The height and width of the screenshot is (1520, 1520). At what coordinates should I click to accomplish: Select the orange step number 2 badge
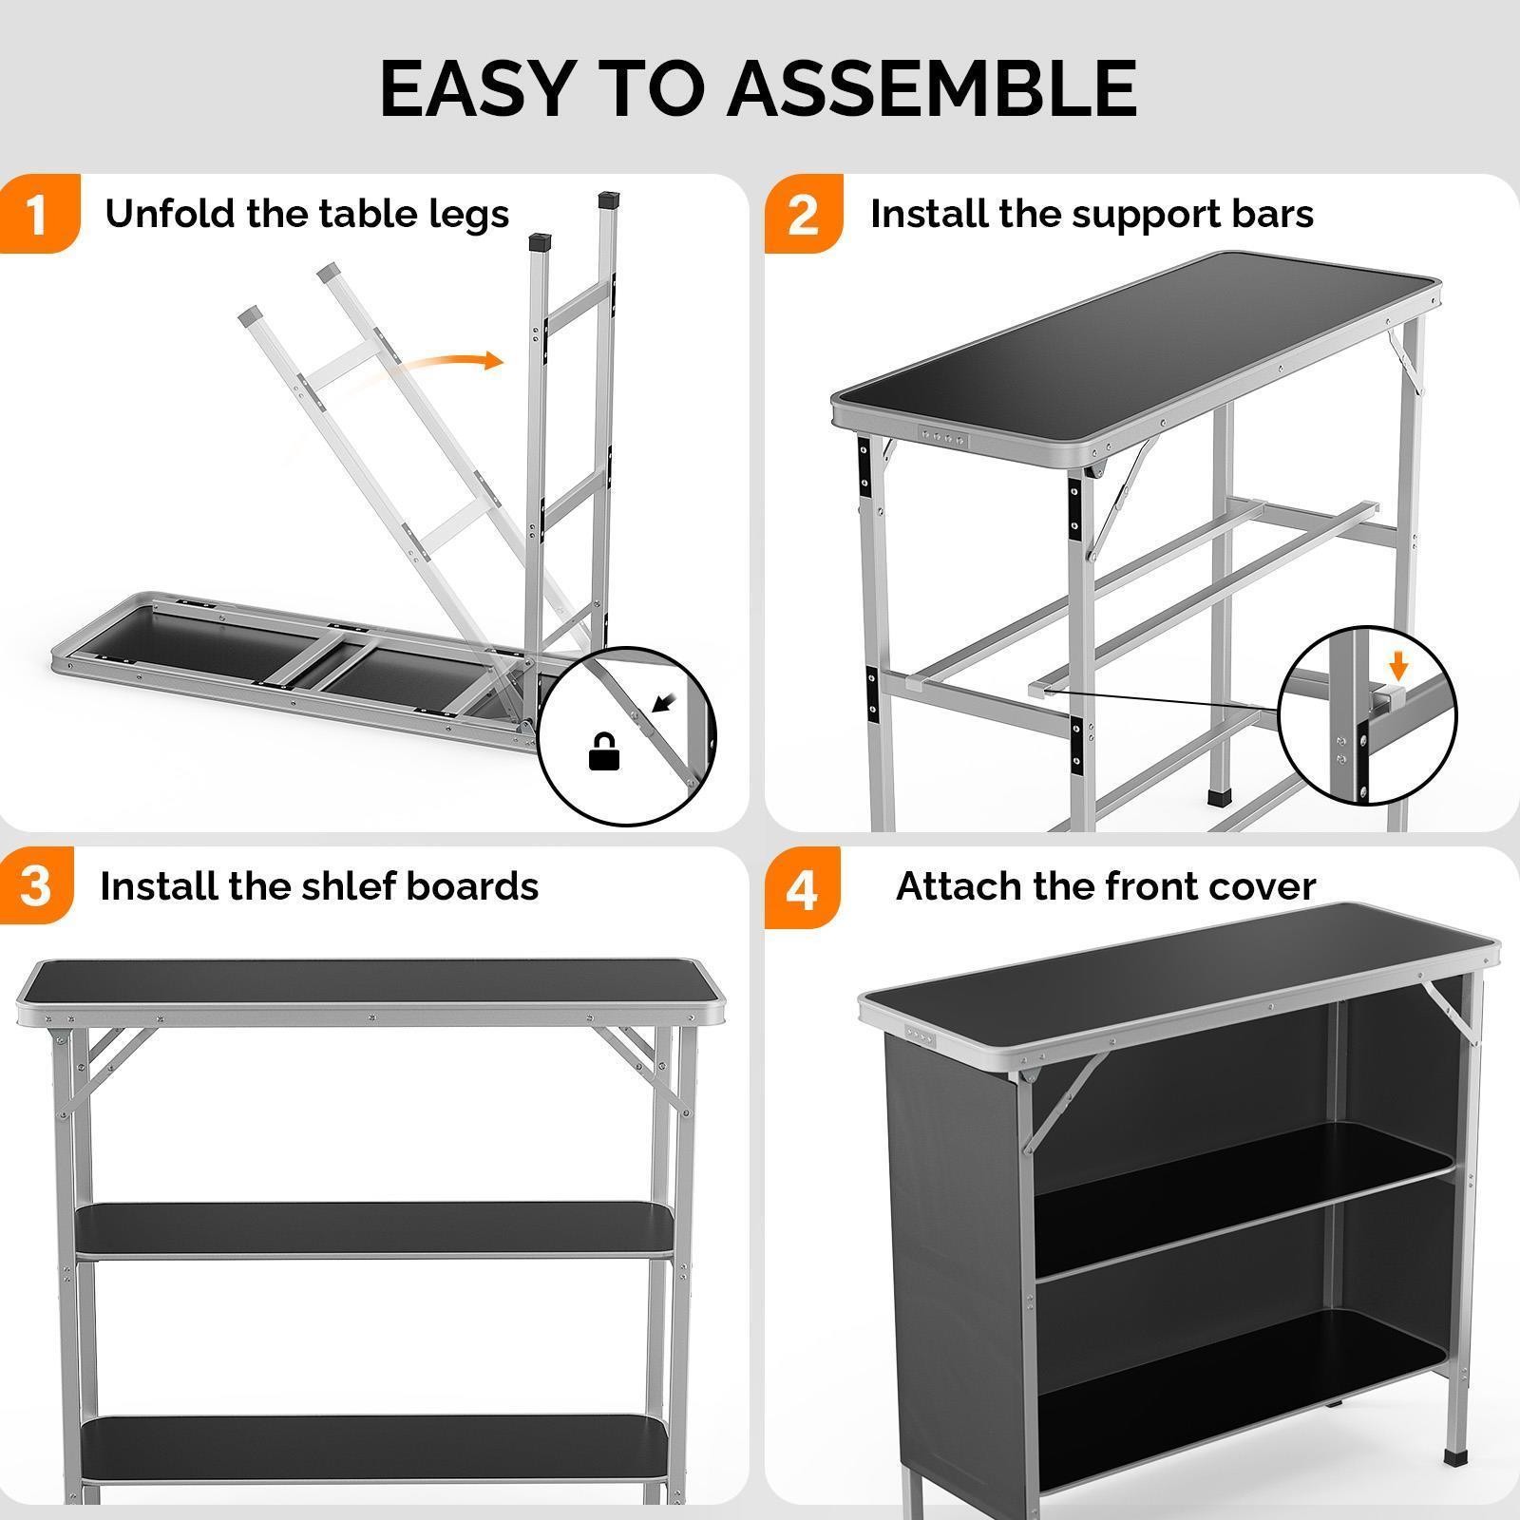click(x=803, y=216)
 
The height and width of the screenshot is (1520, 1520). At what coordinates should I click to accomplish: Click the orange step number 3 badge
click(x=35, y=886)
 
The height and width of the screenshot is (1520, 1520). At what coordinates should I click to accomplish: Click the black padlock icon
click(x=604, y=752)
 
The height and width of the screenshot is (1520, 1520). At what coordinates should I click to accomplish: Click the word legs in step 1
click(x=469, y=216)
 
